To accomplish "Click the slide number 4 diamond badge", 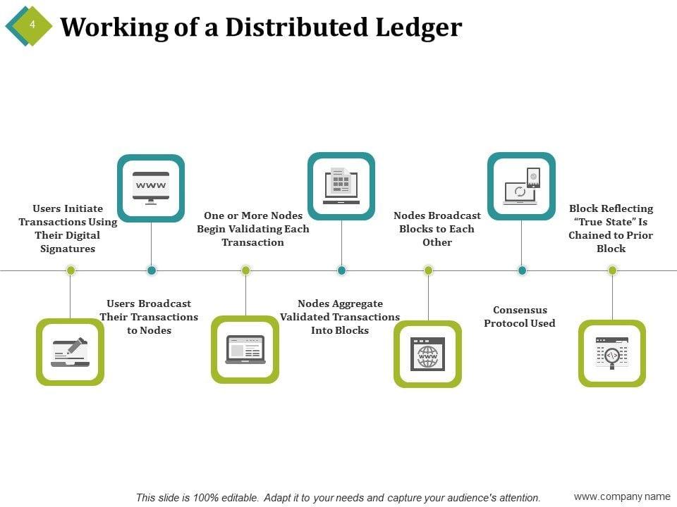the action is [x=30, y=25].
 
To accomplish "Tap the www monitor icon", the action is [x=151, y=187].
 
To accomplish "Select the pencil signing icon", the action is [x=70, y=351].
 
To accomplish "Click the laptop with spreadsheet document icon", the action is [x=341, y=186].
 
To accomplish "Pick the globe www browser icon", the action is [x=427, y=353].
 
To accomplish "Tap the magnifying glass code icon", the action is [x=611, y=353].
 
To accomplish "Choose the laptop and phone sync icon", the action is [x=522, y=186].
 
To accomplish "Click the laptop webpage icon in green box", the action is [x=245, y=349].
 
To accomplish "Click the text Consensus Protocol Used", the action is [x=520, y=317].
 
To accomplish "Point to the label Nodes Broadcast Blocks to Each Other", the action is [x=437, y=229].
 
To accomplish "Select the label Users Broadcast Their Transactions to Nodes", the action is [x=149, y=317].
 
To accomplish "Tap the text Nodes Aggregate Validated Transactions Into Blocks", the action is [x=340, y=317].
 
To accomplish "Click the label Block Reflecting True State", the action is [x=611, y=228].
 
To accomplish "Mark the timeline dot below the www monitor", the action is [x=151, y=270].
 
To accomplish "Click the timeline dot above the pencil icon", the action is [x=70, y=270].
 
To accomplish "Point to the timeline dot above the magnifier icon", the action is [x=612, y=270].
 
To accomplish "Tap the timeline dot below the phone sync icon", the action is [x=522, y=270].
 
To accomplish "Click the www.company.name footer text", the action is [x=622, y=497].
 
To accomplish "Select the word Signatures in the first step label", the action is [x=68, y=249].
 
